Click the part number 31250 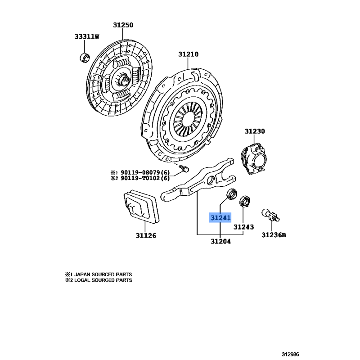(123, 25)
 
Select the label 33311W (87, 36)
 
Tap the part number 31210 (189, 54)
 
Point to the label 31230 (255, 131)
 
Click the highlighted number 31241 (220, 218)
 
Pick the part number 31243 (243, 227)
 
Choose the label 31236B (274, 235)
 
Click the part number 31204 (220, 241)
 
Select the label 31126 (146, 235)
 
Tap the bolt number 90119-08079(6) (145, 172)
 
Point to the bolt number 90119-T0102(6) (145, 178)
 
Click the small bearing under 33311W (85, 58)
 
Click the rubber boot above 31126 (142, 206)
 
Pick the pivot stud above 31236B (270, 215)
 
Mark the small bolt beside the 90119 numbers (184, 169)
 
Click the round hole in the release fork (211, 180)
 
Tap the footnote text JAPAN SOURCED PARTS (103, 274)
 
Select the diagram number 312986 (290, 354)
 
